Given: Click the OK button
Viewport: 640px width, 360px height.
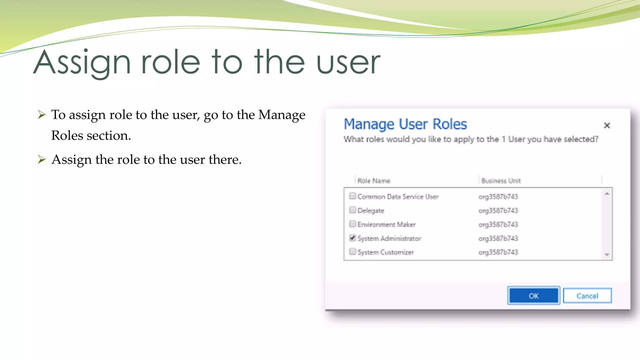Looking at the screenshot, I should tap(533, 296).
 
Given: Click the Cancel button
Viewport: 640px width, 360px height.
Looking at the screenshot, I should tap(587, 296).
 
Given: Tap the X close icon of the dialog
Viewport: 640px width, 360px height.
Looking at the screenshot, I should tap(607, 125).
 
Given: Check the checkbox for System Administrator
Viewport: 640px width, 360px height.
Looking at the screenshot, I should tap(352, 238).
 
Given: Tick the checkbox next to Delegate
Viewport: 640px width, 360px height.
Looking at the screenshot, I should tap(352, 210).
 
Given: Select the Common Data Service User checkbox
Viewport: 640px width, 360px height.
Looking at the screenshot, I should tap(352, 196).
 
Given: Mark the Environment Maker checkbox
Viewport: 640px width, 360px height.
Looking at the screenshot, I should tap(352, 224).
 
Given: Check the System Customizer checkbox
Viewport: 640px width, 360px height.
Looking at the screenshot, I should tap(352, 251).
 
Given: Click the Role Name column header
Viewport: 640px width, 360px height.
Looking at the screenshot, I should tap(374, 181).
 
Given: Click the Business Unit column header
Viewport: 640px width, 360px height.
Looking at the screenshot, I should tap(501, 181).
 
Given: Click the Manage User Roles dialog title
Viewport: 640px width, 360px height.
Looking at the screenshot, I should tap(405, 124).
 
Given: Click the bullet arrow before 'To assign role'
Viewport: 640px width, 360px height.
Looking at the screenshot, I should tap(42, 114).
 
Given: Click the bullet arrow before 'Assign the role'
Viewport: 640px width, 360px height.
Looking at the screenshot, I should tap(42, 159).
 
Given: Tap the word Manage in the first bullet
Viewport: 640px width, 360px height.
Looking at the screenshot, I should tap(282, 115).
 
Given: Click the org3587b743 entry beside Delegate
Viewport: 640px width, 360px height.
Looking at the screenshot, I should tap(498, 210).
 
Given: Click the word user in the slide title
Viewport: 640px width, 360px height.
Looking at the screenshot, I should tap(348, 62).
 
